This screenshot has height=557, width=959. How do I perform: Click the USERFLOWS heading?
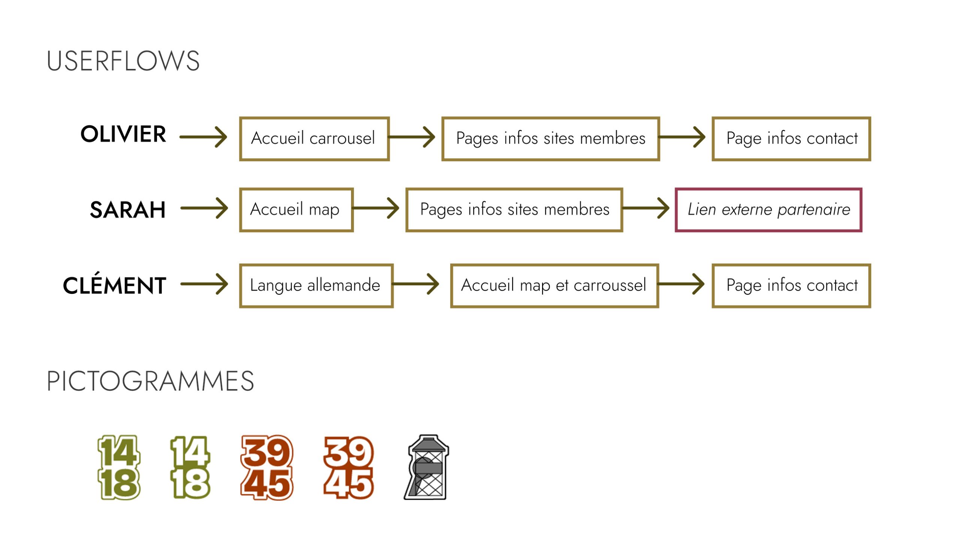click(x=123, y=61)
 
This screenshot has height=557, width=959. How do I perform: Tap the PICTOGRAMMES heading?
click(x=150, y=381)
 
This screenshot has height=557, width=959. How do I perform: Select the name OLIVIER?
click(x=123, y=134)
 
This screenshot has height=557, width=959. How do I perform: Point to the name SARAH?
click(x=127, y=210)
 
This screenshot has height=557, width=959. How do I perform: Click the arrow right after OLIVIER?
click(x=203, y=137)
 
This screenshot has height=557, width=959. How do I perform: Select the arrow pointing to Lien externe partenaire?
click(x=646, y=208)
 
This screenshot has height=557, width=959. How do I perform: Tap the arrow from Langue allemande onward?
click(x=415, y=284)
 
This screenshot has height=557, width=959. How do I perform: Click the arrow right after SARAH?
click(x=205, y=208)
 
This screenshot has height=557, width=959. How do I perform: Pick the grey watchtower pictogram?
click(x=427, y=467)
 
